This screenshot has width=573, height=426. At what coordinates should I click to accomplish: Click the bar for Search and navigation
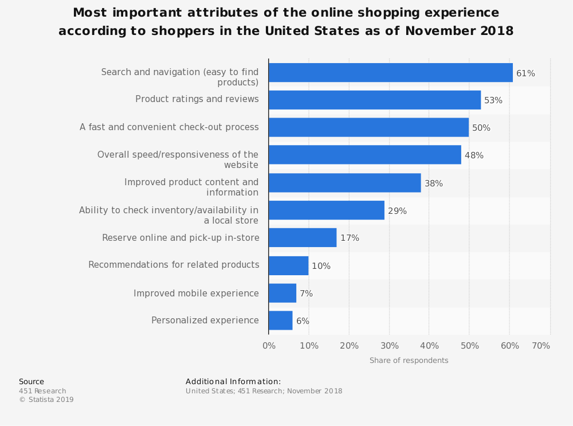point(390,73)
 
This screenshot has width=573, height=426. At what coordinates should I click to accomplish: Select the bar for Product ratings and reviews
point(374,100)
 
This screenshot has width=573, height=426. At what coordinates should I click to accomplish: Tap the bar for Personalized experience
point(280,321)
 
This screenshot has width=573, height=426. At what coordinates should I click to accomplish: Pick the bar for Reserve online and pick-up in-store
point(303,237)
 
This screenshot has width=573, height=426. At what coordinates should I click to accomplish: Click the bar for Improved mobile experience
point(282,293)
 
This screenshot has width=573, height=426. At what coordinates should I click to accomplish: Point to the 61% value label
point(525,73)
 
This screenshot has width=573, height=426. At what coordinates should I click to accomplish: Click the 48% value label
point(474,155)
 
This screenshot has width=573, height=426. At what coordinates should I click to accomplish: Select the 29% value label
point(397,211)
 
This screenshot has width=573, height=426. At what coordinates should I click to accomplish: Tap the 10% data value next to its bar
point(321,266)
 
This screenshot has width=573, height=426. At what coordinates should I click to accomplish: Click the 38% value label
point(433,183)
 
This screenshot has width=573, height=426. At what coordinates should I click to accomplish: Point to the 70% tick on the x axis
point(541,346)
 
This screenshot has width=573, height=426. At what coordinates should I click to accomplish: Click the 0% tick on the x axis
point(269,346)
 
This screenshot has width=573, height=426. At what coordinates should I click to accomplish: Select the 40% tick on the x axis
point(429,346)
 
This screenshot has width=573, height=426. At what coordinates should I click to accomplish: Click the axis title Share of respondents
point(409,361)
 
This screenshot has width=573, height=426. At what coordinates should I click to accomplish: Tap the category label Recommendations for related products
point(174,265)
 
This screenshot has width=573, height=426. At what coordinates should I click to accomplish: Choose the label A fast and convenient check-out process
point(169,127)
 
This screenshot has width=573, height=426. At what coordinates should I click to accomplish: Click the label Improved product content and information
point(191,187)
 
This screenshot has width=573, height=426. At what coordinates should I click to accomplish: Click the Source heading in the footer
point(32,382)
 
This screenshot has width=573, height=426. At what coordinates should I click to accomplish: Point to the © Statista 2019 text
point(46,400)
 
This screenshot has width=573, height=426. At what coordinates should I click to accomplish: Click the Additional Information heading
point(233,382)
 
